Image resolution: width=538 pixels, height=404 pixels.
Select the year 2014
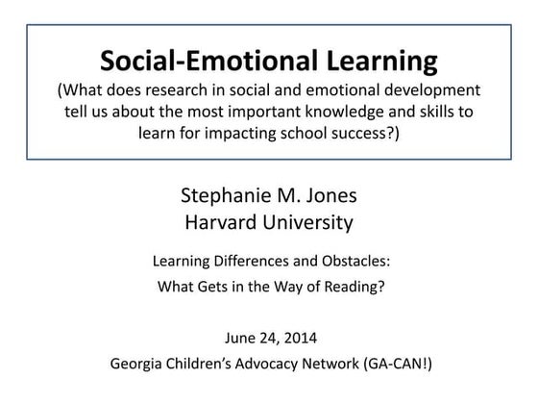click(296, 339)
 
